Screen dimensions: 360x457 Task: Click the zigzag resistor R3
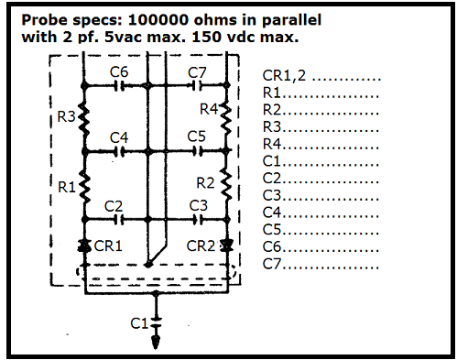pyautogui.click(x=83, y=117)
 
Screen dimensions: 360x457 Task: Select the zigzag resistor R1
pyautogui.click(x=83, y=185)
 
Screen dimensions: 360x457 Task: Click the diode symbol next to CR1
pyautogui.click(x=83, y=246)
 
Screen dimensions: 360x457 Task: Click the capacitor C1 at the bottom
pyautogui.click(x=156, y=322)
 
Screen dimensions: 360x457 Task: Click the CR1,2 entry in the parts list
pyautogui.click(x=286, y=77)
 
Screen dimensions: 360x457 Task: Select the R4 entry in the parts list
pyautogui.click(x=273, y=144)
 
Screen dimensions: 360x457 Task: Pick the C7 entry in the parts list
pyautogui.click(x=273, y=264)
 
